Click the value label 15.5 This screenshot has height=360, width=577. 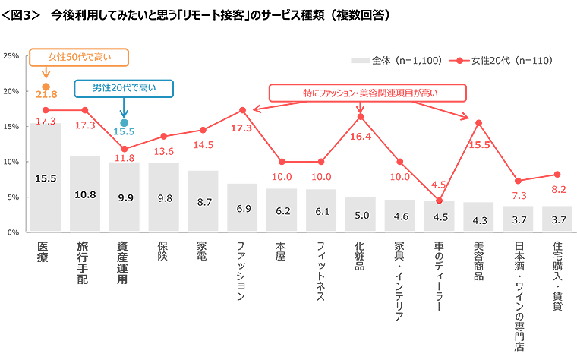pyautogui.click(x=46, y=178)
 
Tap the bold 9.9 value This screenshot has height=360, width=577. pyautogui.click(x=125, y=197)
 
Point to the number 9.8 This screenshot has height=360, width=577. pyautogui.click(x=165, y=197)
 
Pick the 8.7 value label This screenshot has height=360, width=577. pyautogui.click(x=204, y=201)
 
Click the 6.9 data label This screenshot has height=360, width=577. pyautogui.click(x=244, y=208)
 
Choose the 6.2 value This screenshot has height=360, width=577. pyautogui.click(x=283, y=210)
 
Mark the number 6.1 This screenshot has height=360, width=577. pyautogui.click(x=323, y=211)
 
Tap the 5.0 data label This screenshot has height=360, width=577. pyautogui.click(x=362, y=215)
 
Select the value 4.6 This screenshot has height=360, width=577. pyautogui.click(x=401, y=216)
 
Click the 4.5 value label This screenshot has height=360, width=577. pyautogui.click(x=440, y=217)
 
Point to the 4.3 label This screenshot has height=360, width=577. pyautogui.click(x=480, y=220)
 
